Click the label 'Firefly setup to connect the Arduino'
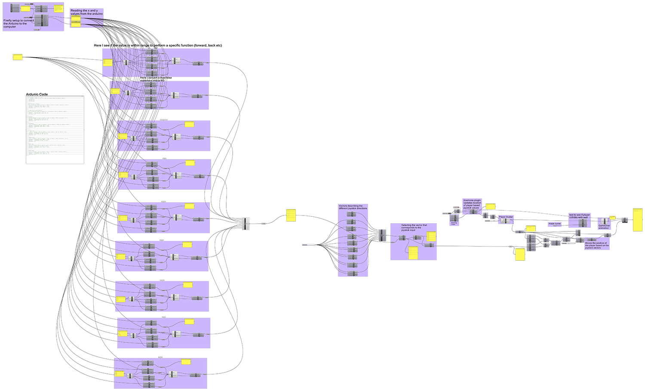[x=18, y=23]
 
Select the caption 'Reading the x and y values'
[x=86, y=12]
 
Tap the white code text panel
[x=55, y=129]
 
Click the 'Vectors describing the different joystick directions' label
[x=353, y=207]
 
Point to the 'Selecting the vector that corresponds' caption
[x=414, y=228]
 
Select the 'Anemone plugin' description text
[x=472, y=204]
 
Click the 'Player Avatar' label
[x=506, y=217]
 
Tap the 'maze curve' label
[x=554, y=224]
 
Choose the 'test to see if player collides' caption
[x=579, y=216]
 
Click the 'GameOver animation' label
[x=604, y=227]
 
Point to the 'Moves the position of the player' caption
[x=596, y=245]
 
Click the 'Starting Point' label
[x=454, y=223]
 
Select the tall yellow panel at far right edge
[x=637, y=220]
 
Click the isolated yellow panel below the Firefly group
[x=18, y=57]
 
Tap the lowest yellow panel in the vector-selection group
[x=413, y=253]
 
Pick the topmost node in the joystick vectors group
[x=351, y=214]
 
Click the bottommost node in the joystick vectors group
[x=352, y=273]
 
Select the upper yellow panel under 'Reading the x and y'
[x=76, y=19]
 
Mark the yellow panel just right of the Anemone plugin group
[x=490, y=206]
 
